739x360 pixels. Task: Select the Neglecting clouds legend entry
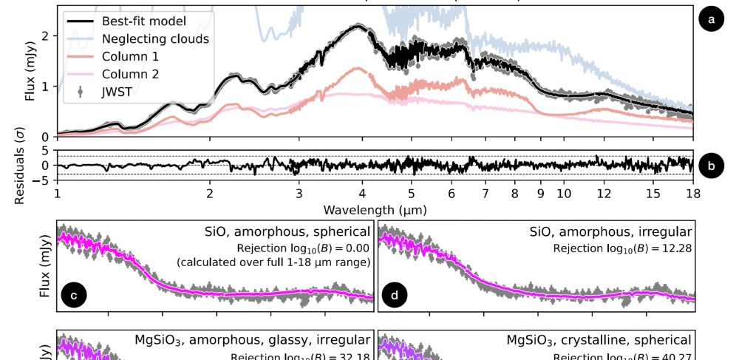(x=155, y=38)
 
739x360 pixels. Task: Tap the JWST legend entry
(x=118, y=91)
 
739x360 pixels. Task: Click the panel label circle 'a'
(x=711, y=20)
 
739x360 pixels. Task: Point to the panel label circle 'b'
(x=711, y=166)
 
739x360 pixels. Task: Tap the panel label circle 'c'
(x=74, y=297)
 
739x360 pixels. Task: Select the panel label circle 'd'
(x=395, y=297)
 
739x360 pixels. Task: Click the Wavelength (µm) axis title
(x=375, y=211)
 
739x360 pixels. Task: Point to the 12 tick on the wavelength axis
(x=604, y=194)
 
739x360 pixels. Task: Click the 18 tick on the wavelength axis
(x=692, y=194)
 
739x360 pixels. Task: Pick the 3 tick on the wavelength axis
(x=299, y=194)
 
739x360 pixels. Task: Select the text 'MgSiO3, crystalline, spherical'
(x=599, y=340)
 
